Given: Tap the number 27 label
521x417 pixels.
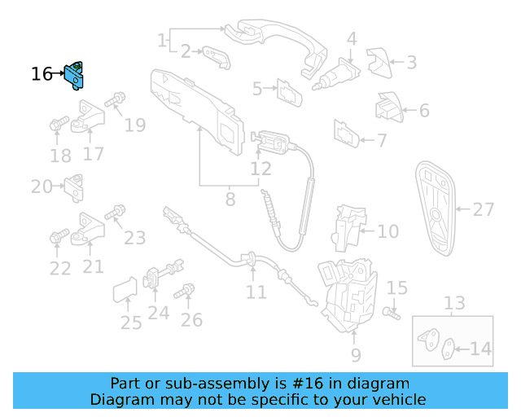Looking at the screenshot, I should pos(484,209).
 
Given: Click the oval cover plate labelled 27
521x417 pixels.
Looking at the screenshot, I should pos(436,208).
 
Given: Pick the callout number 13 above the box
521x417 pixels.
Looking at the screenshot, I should pos(454,304).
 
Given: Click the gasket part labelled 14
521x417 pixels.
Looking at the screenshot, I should pos(449,350).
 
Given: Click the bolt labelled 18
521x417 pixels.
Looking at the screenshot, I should pos(58,125).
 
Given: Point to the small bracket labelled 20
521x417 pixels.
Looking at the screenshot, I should pos(76,187).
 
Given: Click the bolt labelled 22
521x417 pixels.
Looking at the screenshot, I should pos(58,237).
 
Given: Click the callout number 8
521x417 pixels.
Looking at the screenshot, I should pos(230,198).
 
